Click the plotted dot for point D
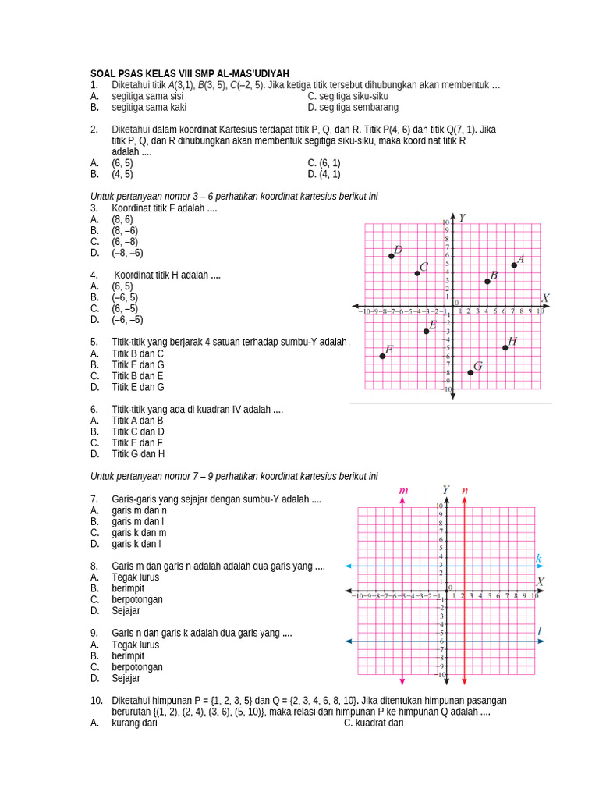[x=392, y=256]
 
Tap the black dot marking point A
[x=514, y=265]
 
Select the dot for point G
[x=470, y=372]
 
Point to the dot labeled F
[x=382, y=356]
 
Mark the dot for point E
[x=426, y=331]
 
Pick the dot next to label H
[x=505, y=347]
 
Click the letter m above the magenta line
[x=403, y=491]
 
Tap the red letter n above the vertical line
[x=465, y=491]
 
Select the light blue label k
[x=538, y=558]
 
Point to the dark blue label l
[x=539, y=630]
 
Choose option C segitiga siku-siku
[x=348, y=96]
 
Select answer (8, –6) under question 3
[x=124, y=231]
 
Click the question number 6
[x=94, y=409]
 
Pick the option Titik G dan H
[x=137, y=453]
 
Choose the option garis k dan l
[x=137, y=543]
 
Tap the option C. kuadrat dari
[x=374, y=723]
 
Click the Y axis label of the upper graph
[x=463, y=218]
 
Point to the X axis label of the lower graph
[x=540, y=582]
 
